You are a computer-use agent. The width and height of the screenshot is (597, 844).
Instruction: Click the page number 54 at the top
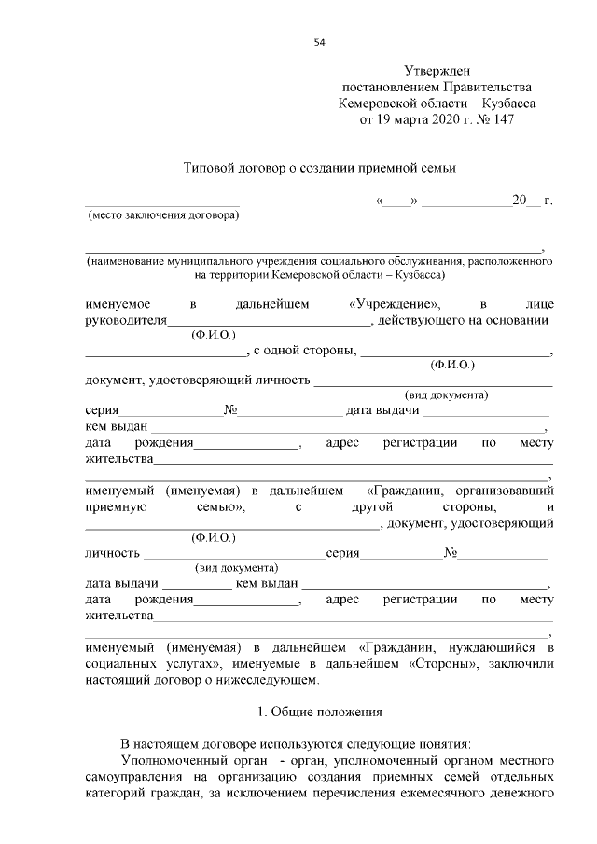(320, 42)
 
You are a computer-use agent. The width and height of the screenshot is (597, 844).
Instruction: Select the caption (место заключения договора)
(162, 216)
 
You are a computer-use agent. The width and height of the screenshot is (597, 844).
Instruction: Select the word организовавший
(508, 490)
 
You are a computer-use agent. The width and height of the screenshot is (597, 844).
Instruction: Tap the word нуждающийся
(503, 646)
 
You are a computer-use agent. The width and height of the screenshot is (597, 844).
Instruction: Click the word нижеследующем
(272, 680)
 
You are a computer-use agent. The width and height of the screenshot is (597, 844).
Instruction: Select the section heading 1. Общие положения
(319, 713)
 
